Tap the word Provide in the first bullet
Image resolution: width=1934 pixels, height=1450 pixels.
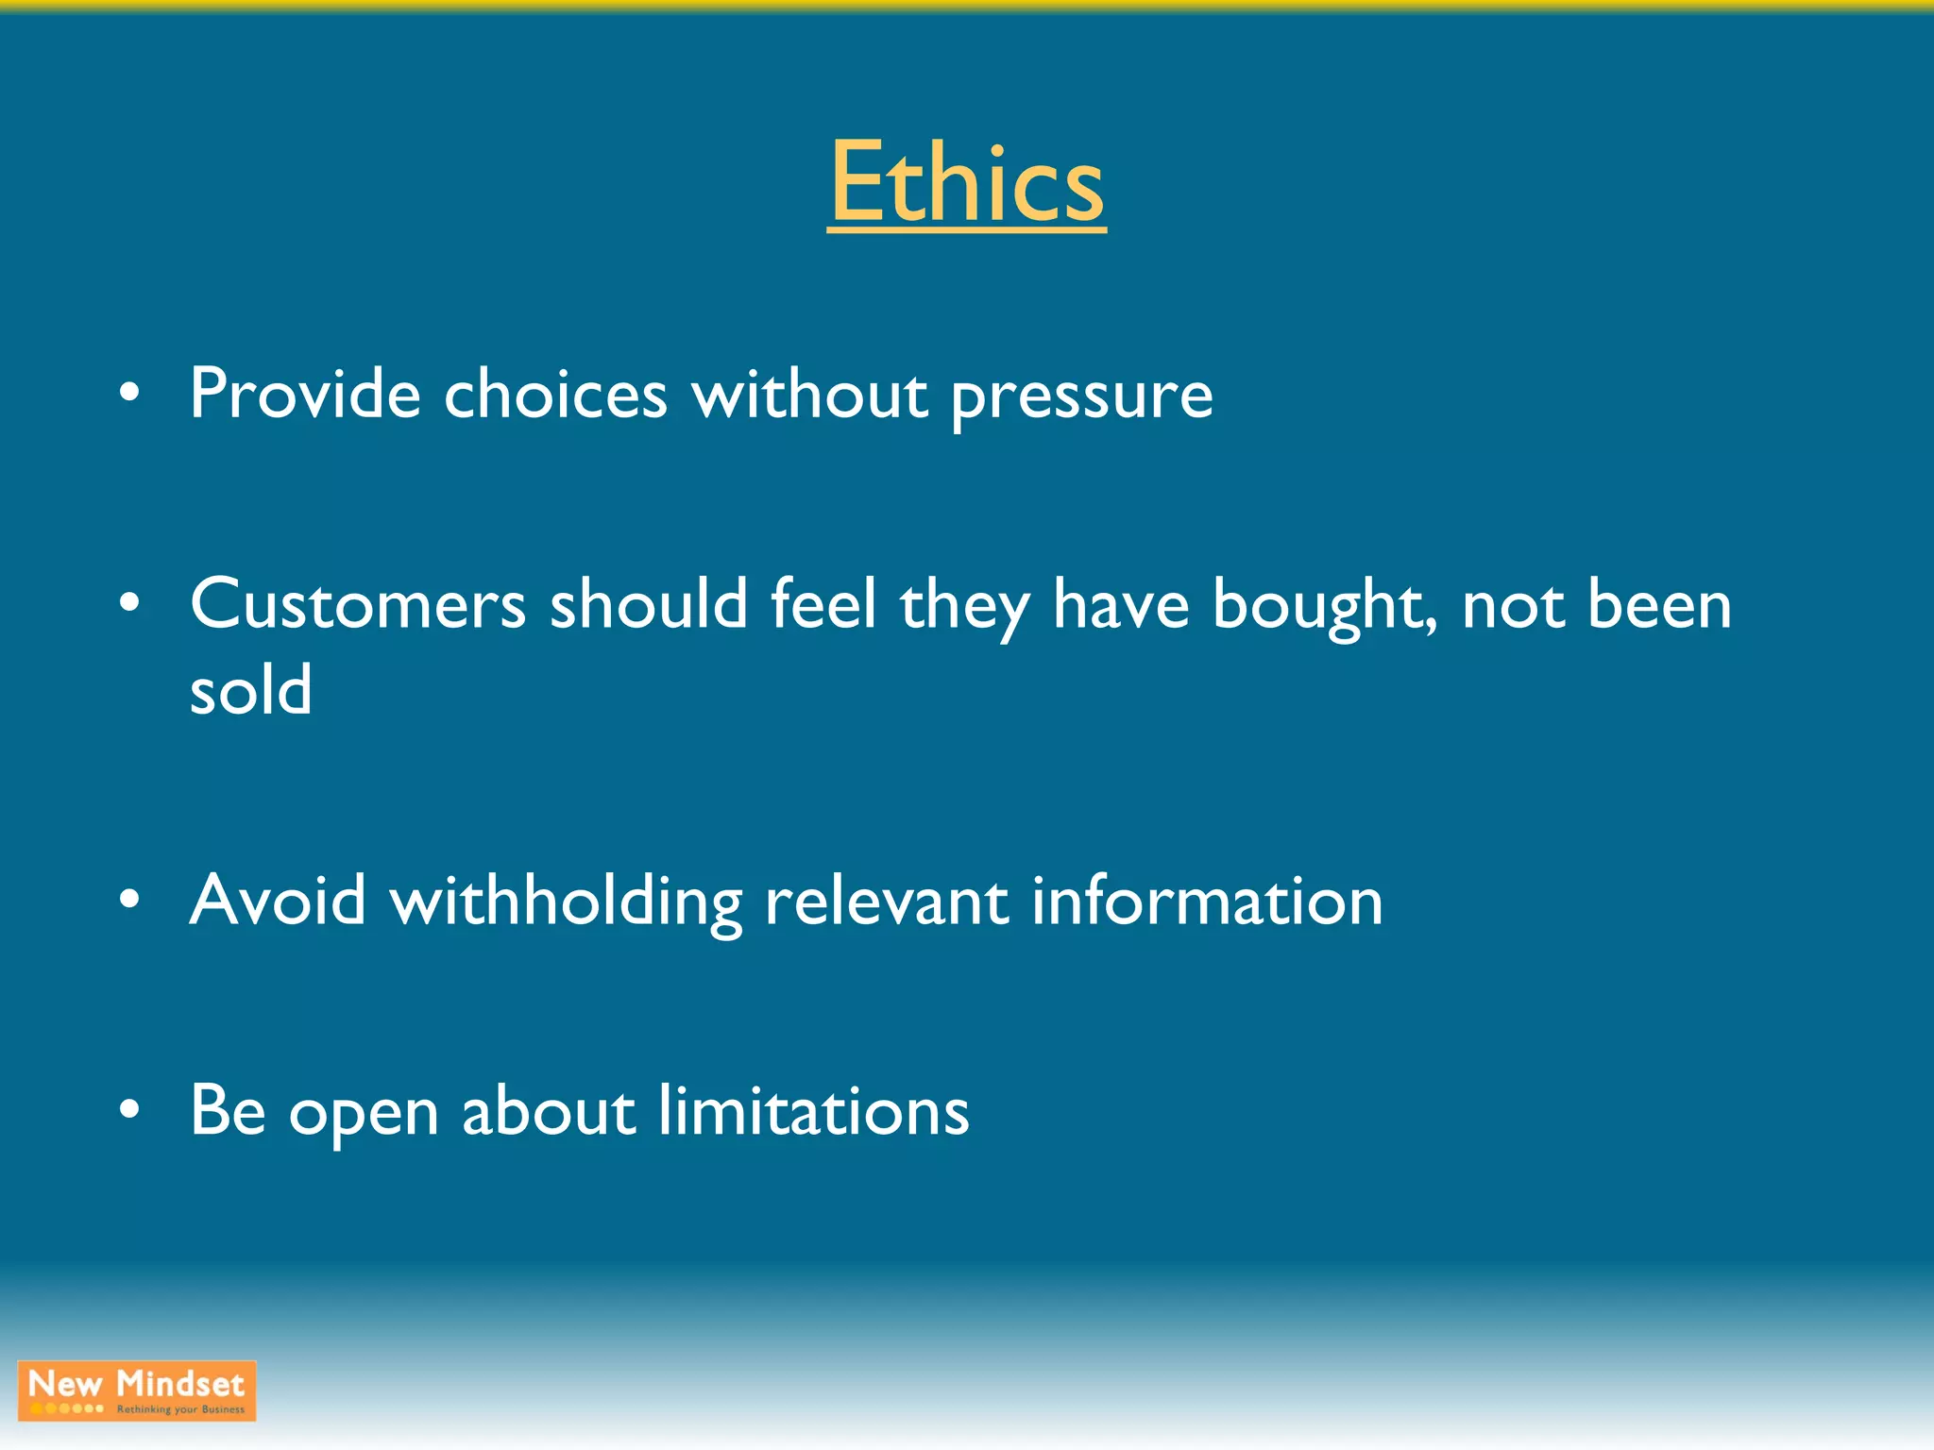304,393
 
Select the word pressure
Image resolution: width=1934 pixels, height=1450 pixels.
1081,396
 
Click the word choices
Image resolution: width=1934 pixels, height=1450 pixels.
555,393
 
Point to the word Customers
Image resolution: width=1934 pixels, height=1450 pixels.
357,604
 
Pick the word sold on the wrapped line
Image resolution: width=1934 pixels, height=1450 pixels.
250,689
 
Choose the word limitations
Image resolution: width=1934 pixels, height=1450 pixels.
813,1110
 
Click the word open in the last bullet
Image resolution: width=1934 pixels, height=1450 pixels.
364,1114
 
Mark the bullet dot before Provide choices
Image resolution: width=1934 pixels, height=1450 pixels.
130,392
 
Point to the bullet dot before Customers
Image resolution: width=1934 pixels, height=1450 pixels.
130,602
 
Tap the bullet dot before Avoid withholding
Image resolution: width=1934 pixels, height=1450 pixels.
130,899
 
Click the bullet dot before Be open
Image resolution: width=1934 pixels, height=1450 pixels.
130,1109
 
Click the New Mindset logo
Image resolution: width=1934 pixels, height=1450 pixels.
137,1391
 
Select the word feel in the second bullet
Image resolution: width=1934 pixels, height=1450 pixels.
823,604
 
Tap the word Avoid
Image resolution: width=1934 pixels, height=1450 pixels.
278,900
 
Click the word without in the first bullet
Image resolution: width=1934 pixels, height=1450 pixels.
808,393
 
